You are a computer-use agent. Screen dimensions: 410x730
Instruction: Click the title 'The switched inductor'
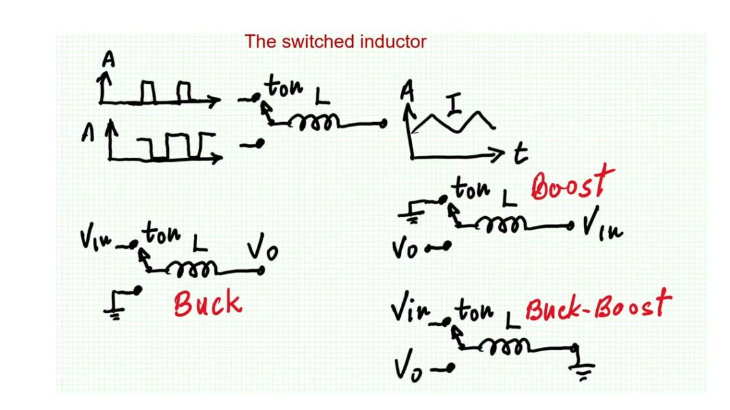335,42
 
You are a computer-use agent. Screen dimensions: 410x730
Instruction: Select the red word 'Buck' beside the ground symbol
207,303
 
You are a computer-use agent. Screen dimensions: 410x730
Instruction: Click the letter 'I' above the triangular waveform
454,104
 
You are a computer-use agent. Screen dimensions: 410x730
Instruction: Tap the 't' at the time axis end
521,153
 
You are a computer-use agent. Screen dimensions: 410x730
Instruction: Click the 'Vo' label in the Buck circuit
263,248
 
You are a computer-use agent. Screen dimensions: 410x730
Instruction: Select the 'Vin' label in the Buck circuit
97,239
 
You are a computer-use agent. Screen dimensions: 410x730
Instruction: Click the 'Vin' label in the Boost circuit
603,228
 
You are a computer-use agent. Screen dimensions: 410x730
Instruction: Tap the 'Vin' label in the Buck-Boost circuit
410,312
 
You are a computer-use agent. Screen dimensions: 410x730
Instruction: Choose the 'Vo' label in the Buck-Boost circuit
408,368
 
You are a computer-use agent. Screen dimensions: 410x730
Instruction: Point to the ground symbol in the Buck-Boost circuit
583,370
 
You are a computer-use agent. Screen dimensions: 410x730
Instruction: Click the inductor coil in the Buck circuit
195,269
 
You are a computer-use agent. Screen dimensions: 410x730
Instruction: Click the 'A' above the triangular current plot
407,92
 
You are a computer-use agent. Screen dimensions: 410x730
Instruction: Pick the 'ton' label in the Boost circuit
471,189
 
